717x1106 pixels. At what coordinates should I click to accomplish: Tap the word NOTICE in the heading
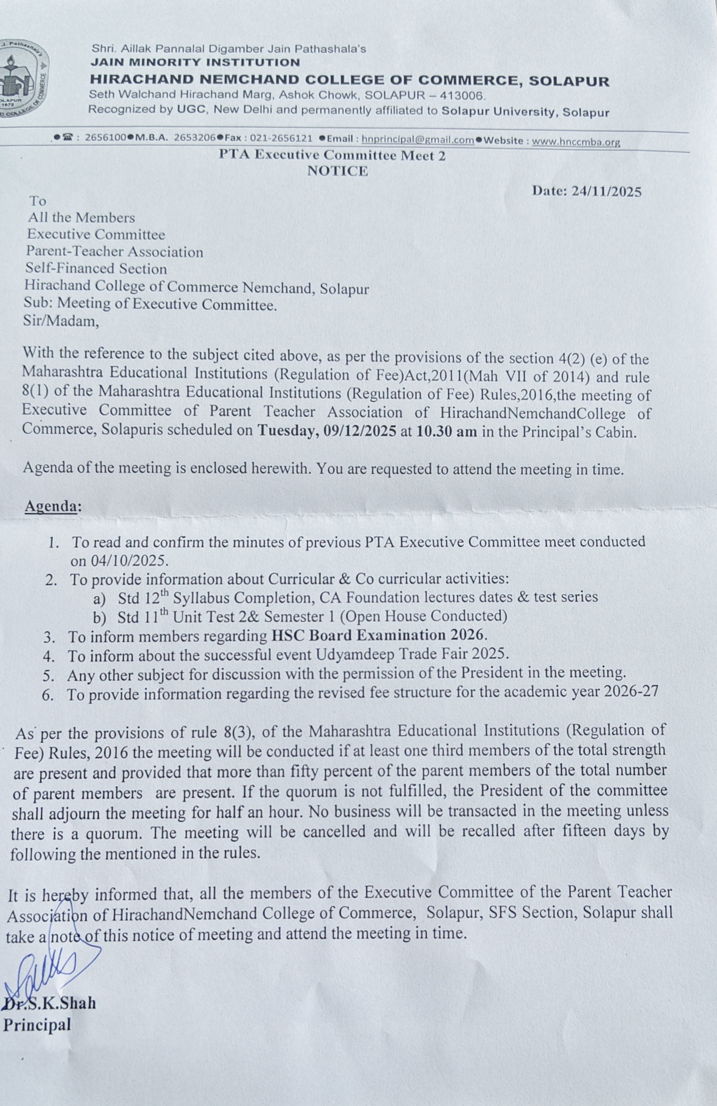click(337, 171)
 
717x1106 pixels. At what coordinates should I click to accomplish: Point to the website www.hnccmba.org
click(576, 141)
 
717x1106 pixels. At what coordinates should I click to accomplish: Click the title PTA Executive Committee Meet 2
click(332, 155)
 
